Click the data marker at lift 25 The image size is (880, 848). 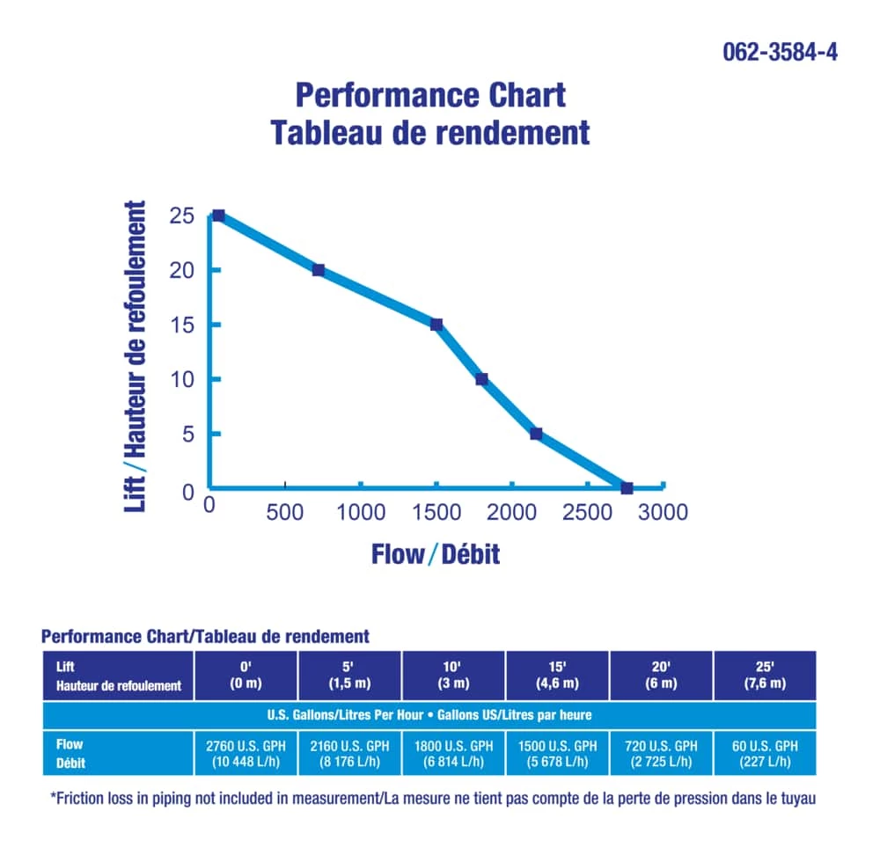[218, 216]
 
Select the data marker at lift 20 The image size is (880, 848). [319, 270]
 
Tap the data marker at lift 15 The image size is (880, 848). [436, 325]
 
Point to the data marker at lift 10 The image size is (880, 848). [481, 379]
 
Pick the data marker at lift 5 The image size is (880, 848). [536, 434]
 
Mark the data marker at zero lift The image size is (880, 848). [627, 487]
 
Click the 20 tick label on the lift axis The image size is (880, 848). [182, 271]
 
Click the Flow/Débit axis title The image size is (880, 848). [436, 554]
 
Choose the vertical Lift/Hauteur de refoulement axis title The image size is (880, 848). [136, 356]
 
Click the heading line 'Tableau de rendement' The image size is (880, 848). [430, 133]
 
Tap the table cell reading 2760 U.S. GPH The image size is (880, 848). [245, 753]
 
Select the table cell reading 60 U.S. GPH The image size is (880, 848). [765, 753]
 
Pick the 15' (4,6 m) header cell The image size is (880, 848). [557, 676]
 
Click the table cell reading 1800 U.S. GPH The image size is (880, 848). [453, 753]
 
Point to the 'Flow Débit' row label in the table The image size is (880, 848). [72, 753]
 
